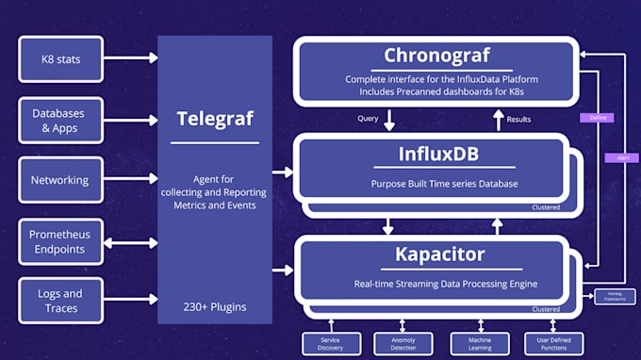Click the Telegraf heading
(x=214, y=119)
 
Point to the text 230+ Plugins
(x=214, y=306)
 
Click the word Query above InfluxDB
(x=368, y=119)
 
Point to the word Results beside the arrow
(x=519, y=120)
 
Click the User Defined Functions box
(x=553, y=344)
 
